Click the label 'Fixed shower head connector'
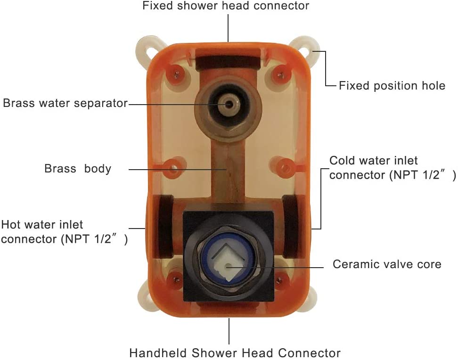(x=226, y=6)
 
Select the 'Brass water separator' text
(x=65, y=103)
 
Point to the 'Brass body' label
(x=78, y=169)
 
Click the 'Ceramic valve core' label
(x=387, y=264)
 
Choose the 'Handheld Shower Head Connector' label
(x=235, y=352)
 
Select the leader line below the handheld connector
(x=229, y=332)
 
